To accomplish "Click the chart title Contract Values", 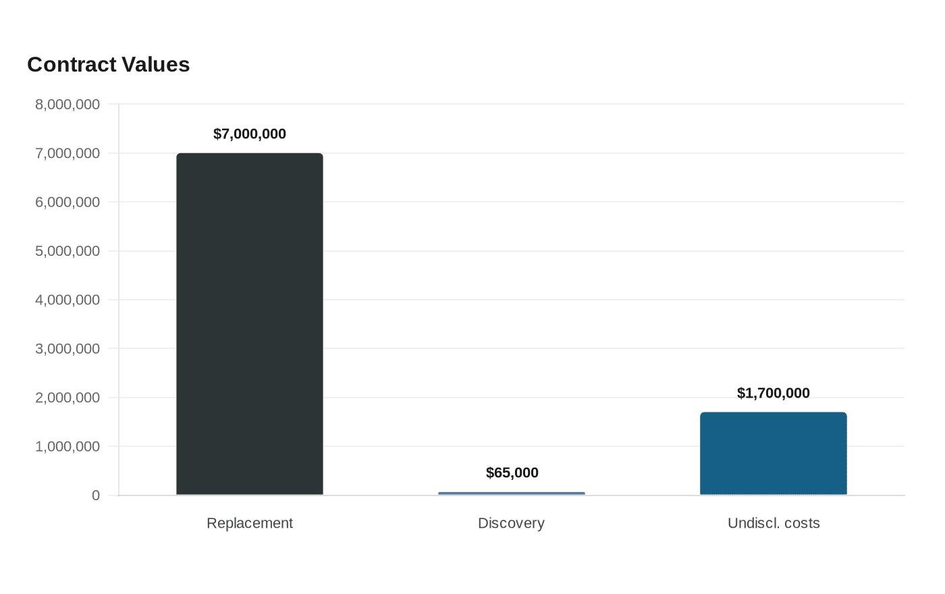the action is click(x=109, y=65).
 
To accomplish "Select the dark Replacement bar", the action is click(x=250, y=324).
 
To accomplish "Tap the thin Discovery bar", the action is click(x=512, y=493).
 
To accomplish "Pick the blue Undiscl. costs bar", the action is click(x=774, y=454).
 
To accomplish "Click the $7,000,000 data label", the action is click(x=250, y=134).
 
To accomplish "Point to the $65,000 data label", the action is click(x=512, y=473).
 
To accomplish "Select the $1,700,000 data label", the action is click(x=774, y=393).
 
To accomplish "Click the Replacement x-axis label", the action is click(x=250, y=523).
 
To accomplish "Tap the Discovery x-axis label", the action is click(x=512, y=523).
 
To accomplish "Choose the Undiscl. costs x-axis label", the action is click(x=774, y=523).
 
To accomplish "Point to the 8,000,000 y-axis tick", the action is click(x=67, y=104).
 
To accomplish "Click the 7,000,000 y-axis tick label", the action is click(x=67, y=153).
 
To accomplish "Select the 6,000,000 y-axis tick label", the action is click(x=67, y=202).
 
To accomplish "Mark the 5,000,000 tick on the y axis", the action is click(x=67, y=251).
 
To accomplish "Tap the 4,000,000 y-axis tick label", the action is click(x=67, y=300).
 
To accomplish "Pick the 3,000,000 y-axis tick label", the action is click(x=67, y=348).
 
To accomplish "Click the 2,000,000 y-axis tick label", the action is click(x=67, y=398).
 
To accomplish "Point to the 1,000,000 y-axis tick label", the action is click(x=67, y=446).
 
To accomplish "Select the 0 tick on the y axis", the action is click(x=96, y=495).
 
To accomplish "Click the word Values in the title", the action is click(x=156, y=65).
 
